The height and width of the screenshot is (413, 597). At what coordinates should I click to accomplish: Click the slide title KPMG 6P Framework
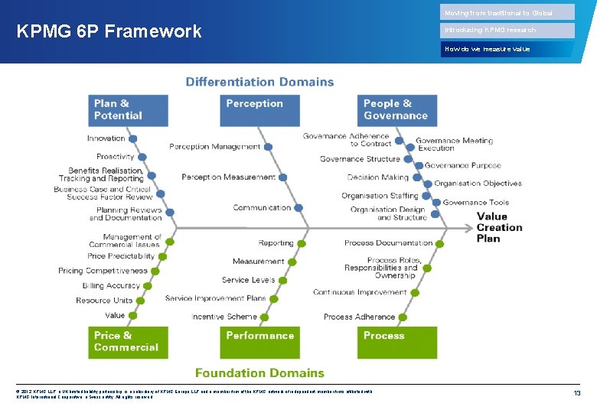109,31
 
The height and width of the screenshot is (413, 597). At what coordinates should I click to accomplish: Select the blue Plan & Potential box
128,110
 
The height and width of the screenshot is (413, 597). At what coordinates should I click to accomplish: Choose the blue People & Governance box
397,110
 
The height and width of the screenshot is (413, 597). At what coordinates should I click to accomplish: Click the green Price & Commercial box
128,342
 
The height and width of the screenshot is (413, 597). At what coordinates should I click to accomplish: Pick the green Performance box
259,342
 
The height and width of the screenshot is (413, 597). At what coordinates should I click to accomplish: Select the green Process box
397,342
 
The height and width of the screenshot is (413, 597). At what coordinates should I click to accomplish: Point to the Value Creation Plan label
499,227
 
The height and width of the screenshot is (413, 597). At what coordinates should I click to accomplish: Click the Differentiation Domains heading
259,82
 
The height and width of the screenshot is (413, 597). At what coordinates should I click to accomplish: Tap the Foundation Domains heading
259,373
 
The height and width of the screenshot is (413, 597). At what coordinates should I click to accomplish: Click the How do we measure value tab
508,49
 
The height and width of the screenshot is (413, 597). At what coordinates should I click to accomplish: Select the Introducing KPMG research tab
508,31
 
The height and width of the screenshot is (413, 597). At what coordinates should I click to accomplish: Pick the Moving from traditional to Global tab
508,12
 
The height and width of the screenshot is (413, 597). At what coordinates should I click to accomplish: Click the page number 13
578,392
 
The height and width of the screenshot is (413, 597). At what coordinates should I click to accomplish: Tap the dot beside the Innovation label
132,139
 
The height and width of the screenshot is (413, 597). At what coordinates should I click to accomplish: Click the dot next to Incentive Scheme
265,317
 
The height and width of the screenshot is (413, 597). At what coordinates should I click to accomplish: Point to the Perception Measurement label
228,177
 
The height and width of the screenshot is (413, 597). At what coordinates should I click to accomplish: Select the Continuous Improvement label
360,292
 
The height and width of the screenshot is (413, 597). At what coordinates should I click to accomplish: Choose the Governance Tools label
475,203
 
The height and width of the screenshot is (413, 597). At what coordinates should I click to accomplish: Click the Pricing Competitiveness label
103,271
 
